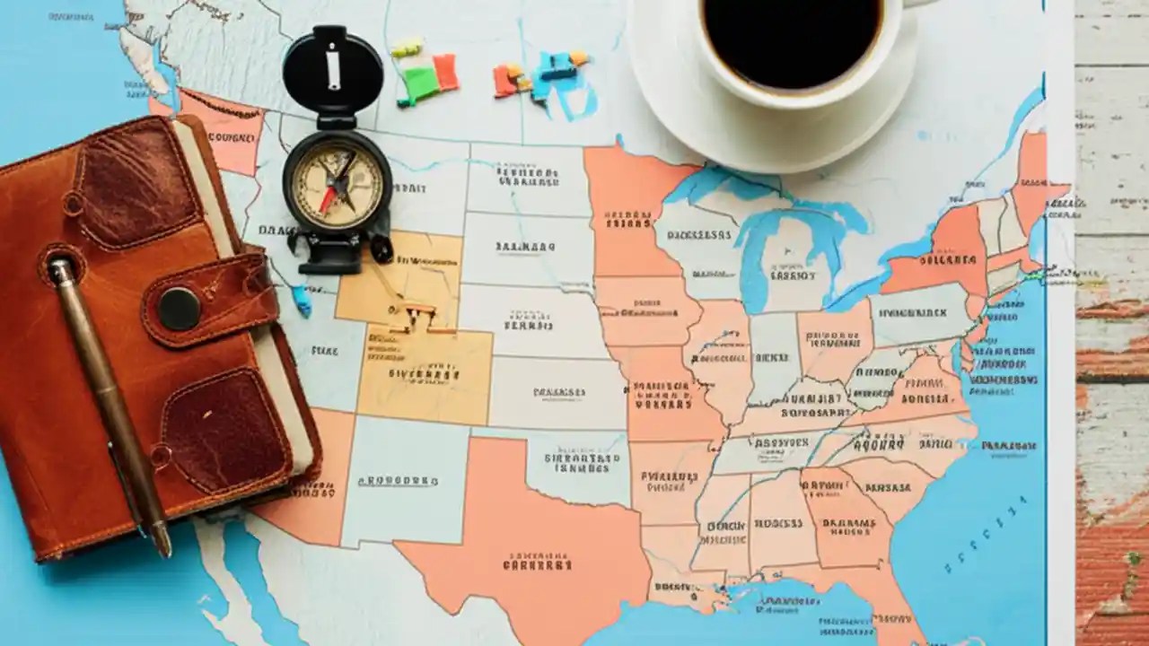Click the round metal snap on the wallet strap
(x=180, y=309)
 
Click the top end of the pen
(x=60, y=268)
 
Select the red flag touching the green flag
(x=445, y=72)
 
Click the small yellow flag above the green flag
(x=407, y=48)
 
